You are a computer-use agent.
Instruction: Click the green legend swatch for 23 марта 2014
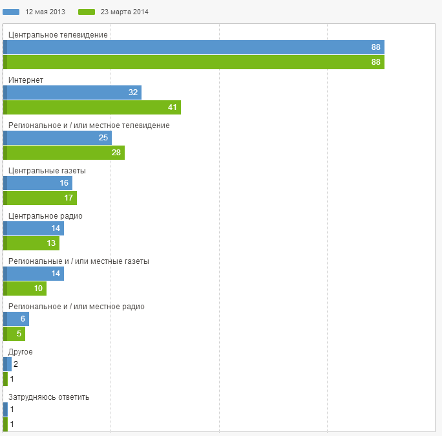[x=87, y=12]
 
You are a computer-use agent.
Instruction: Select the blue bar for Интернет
[x=72, y=93]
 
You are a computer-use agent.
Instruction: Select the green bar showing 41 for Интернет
[x=92, y=107]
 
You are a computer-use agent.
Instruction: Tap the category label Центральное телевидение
[x=58, y=35]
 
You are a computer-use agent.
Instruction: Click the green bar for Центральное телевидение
[x=194, y=62]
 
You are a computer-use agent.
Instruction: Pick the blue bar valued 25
[x=58, y=138]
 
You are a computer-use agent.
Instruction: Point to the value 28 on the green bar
[x=116, y=153]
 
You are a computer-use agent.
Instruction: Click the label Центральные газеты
[x=47, y=171]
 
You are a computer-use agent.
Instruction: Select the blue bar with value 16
[x=37, y=183]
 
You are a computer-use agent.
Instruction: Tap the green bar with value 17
[x=40, y=198]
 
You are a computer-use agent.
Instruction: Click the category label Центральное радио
[x=45, y=216]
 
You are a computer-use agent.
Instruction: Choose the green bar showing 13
[x=31, y=243]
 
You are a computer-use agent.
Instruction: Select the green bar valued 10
[x=25, y=289]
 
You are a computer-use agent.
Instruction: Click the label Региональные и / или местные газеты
[x=78, y=261]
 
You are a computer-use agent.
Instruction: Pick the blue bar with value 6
[x=16, y=319]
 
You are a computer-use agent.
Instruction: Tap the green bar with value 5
[x=14, y=334]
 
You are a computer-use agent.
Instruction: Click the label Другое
[x=21, y=352]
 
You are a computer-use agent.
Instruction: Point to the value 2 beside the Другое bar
[x=16, y=364]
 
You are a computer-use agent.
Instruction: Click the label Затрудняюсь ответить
[x=48, y=397]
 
